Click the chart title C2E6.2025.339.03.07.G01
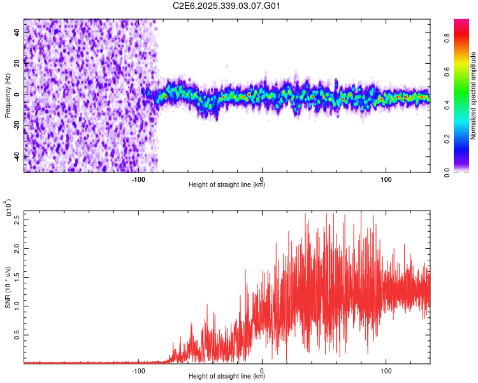coord(227,6)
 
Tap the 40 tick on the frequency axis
coord(17,33)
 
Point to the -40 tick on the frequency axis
coord(17,156)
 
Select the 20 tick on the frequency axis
coord(17,64)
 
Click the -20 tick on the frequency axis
coord(17,126)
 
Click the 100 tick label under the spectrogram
coord(386,179)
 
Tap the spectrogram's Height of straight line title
coord(227,185)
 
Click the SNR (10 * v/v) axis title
coord(8,287)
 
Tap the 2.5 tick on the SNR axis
coord(17,220)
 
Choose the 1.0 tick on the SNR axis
coord(17,305)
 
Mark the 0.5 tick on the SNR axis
coord(17,334)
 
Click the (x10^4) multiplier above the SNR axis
coord(8,207)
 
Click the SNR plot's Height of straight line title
coord(227,377)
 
